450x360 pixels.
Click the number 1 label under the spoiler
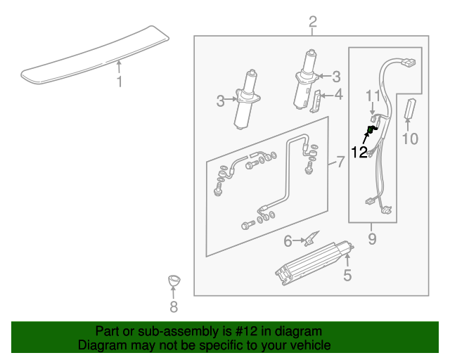click(119, 82)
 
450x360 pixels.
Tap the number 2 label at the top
click(313, 22)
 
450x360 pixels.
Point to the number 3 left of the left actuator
click(221, 101)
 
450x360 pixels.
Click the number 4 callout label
click(339, 94)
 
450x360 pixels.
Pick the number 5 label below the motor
click(347, 275)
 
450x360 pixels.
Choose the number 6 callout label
click(288, 241)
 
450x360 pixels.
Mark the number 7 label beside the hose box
click(340, 164)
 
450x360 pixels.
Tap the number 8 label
click(174, 307)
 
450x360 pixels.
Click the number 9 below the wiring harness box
click(372, 239)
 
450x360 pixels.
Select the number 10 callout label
click(409, 139)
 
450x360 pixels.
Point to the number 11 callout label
click(372, 94)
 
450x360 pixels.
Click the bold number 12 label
click(359, 152)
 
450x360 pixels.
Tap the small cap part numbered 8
click(174, 281)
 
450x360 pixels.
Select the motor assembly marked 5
click(314, 262)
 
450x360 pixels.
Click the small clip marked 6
click(311, 239)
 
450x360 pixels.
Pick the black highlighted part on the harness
click(372, 129)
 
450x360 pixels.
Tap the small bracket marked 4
click(317, 103)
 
